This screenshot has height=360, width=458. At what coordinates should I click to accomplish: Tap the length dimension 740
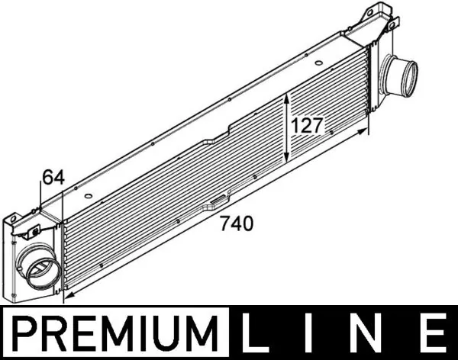point(235,224)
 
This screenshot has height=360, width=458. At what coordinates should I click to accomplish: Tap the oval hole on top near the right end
point(359,36)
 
